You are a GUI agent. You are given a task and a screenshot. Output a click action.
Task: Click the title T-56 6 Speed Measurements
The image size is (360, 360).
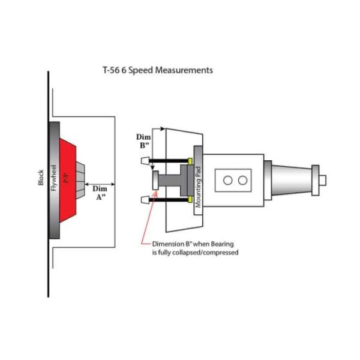(158, 70)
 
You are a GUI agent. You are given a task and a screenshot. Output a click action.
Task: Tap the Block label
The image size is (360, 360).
(41, 178)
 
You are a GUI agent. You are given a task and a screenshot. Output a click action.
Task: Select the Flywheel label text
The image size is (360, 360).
(53, 178)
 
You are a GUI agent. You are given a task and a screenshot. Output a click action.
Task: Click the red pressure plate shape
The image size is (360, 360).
(67, 180)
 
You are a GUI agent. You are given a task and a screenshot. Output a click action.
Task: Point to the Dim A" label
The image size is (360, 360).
(100, 193)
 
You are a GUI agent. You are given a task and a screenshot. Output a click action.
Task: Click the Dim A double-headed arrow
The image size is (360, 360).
(100, 184)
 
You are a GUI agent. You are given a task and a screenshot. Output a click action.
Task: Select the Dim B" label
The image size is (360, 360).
(143, 141)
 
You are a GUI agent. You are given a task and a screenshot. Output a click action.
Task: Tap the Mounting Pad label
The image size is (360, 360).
(197, 187)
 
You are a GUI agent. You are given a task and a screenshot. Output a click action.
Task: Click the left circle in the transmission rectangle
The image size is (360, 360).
(228, 181)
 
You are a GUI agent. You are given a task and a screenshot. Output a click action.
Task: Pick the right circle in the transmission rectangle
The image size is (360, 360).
(242, 181)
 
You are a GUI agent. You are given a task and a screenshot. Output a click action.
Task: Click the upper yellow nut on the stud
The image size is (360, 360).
(190, 161)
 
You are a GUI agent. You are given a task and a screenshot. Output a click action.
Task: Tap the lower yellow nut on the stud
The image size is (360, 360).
(190, 200)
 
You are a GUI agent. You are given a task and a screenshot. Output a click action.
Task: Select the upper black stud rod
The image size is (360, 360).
(169, 161)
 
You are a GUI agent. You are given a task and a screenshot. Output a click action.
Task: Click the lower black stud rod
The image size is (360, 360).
(169, 200)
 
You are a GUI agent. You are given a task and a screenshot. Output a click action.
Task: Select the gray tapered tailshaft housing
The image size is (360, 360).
(292, 180)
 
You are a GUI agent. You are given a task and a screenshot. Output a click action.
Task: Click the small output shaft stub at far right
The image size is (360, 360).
(322, 180)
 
